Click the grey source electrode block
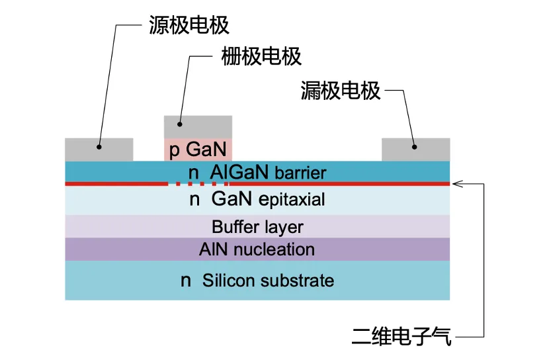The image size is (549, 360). coord(99,149)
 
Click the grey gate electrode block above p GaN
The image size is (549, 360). coord(198,126)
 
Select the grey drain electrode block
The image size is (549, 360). coord(415,149)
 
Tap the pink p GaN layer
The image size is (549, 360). coord(198,150)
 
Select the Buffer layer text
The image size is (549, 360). coord(257,226)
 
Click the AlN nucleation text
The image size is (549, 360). coord(257,249)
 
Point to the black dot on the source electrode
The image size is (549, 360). coord(99,146)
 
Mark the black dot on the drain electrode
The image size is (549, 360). coord(415,146)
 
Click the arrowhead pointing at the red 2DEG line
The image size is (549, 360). coord(456,183)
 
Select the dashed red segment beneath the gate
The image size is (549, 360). coord(198,183)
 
